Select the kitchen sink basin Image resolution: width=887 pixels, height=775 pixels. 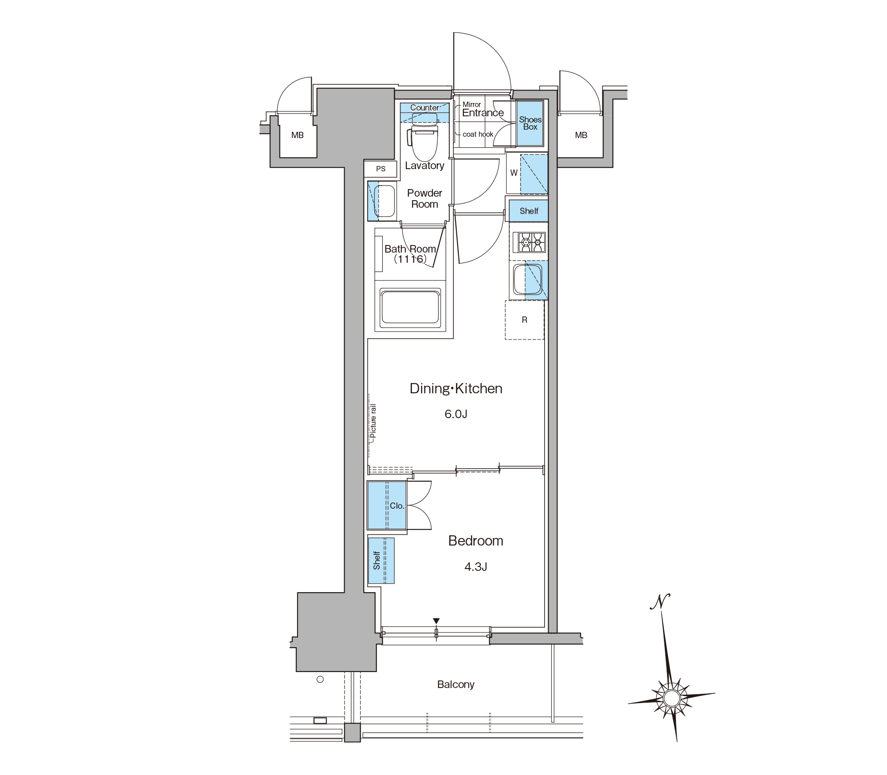click(526, 280)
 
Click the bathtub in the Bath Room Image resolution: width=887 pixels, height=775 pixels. click(410, 307)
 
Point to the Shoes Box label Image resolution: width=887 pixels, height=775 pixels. click(530, 123)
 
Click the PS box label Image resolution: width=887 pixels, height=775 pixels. click(381, 169)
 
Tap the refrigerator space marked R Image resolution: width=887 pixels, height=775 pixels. click(525, 320)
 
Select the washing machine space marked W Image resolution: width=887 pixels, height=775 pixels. click(514, 173)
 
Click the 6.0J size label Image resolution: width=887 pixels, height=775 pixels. click(456, 414)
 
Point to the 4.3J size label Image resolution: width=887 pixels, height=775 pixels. click(475, 567)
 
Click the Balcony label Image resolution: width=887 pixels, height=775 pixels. click(456, 684)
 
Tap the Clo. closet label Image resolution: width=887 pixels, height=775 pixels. click(397, 506)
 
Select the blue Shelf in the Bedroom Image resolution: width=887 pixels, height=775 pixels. click(381, 561)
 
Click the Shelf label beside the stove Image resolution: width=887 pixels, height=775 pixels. click(529, 211)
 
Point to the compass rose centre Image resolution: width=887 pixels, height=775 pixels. click(671, 698)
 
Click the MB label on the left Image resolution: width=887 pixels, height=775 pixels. click(298, 135)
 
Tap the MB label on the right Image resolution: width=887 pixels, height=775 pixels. click(581, 135)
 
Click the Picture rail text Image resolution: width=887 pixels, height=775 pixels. click(373, 421)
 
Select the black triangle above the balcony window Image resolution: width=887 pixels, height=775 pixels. click(436, 621)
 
